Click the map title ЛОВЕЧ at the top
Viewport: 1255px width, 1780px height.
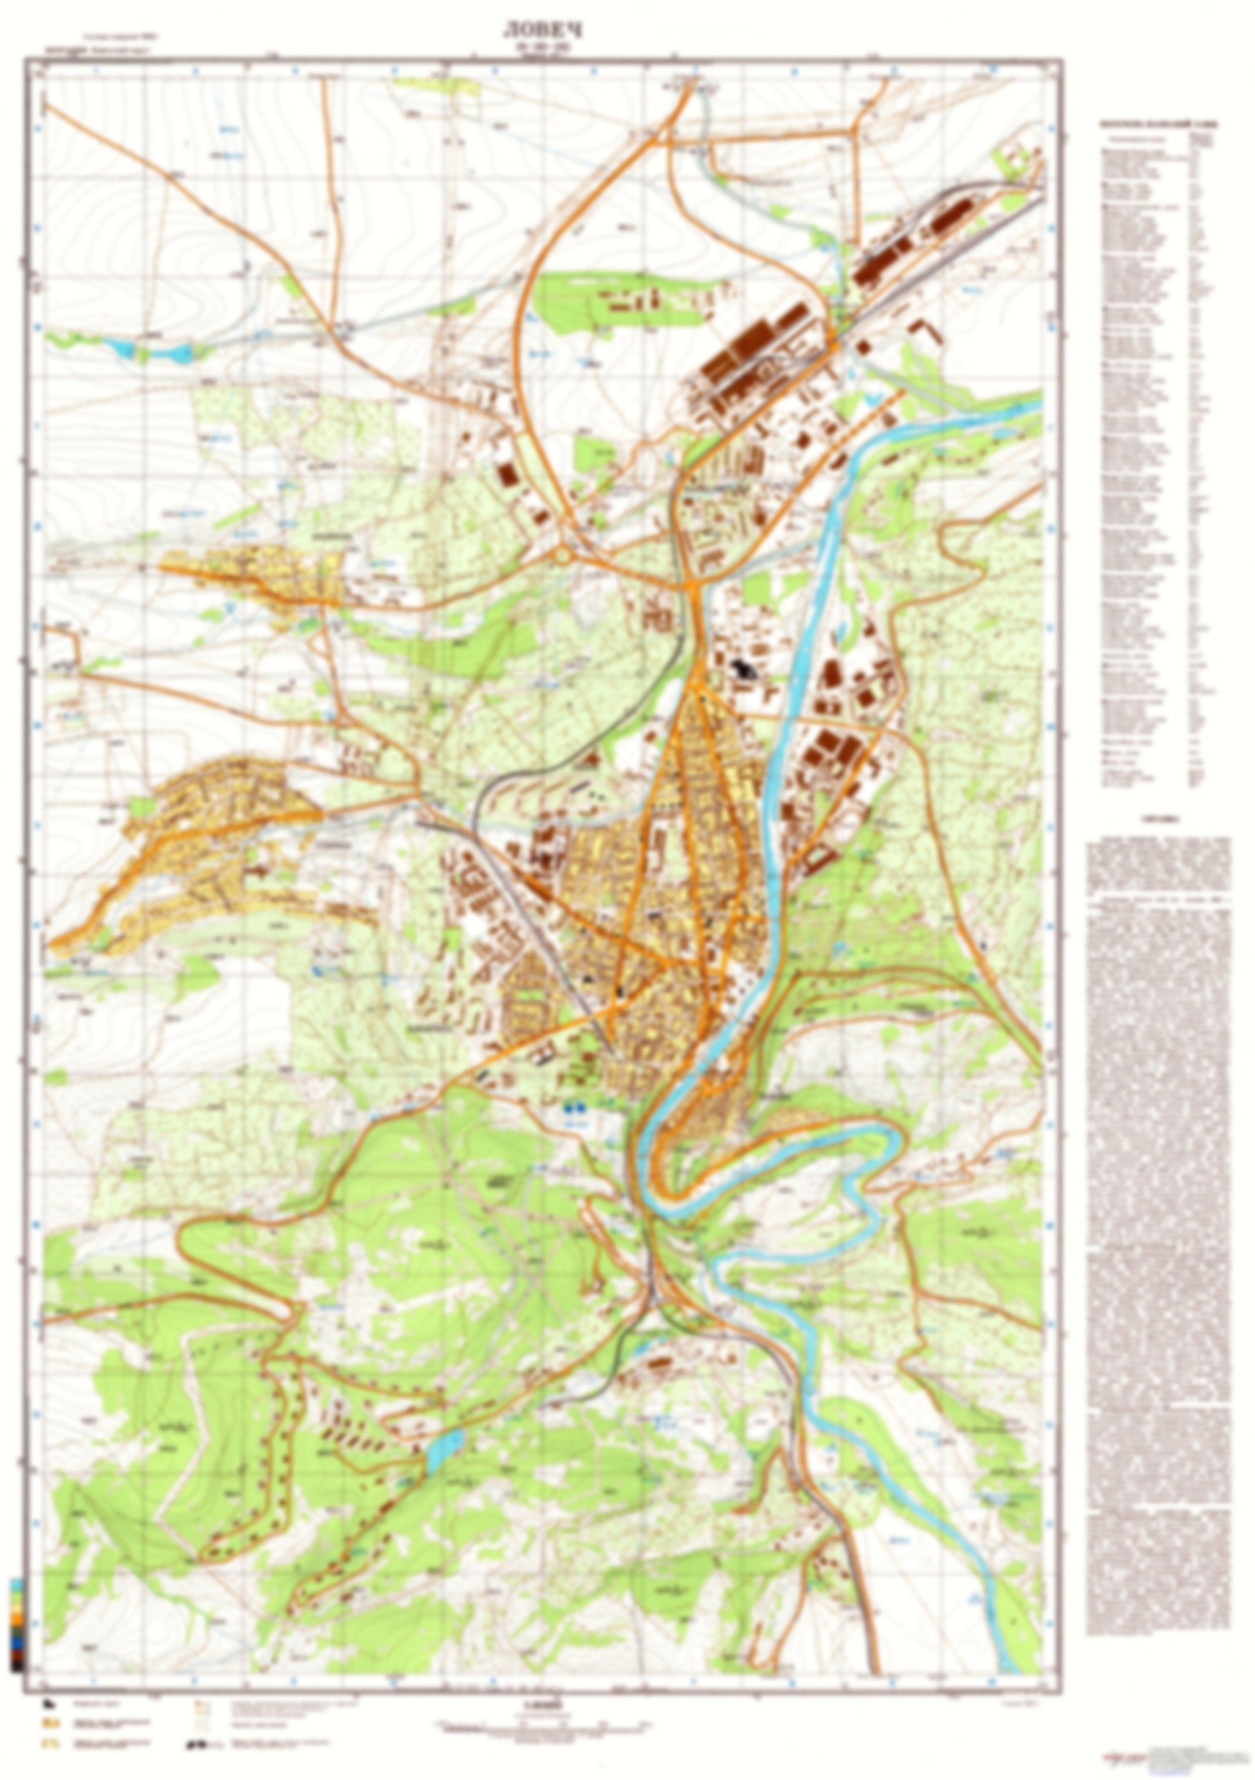pos(542,30)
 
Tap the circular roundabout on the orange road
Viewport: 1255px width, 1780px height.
pos(564,555)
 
